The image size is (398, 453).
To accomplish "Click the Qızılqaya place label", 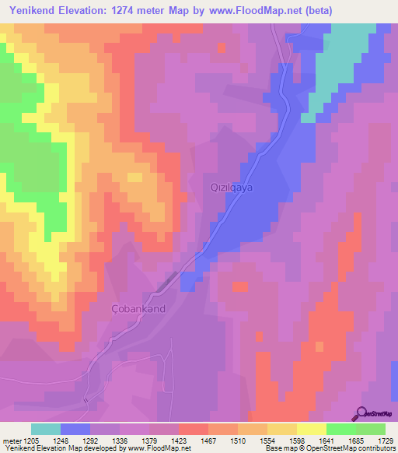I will (232, 188).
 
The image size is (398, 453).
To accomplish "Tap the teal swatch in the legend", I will (45, 429).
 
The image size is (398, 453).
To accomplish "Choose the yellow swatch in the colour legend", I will (311, 429).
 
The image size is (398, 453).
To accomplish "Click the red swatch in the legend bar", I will (193, 429).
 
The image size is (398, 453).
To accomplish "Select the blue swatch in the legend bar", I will (75, 429).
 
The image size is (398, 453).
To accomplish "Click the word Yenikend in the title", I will (32, 11).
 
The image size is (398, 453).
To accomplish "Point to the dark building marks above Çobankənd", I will (167, 284).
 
